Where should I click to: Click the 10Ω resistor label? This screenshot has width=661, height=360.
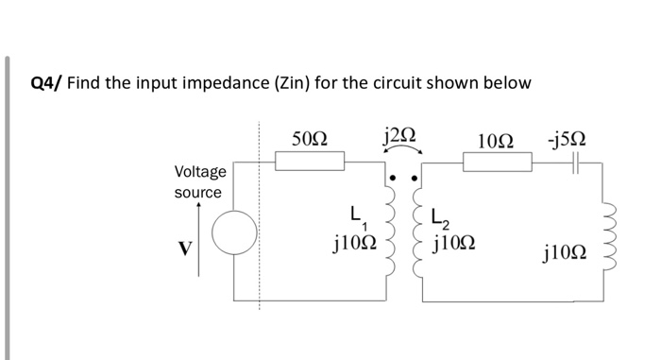coord(496,141)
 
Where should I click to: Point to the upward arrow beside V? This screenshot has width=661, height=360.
coord(199,237)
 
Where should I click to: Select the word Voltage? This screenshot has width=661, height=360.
coord(200,172)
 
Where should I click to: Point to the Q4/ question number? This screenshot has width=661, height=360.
coord(46,83)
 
